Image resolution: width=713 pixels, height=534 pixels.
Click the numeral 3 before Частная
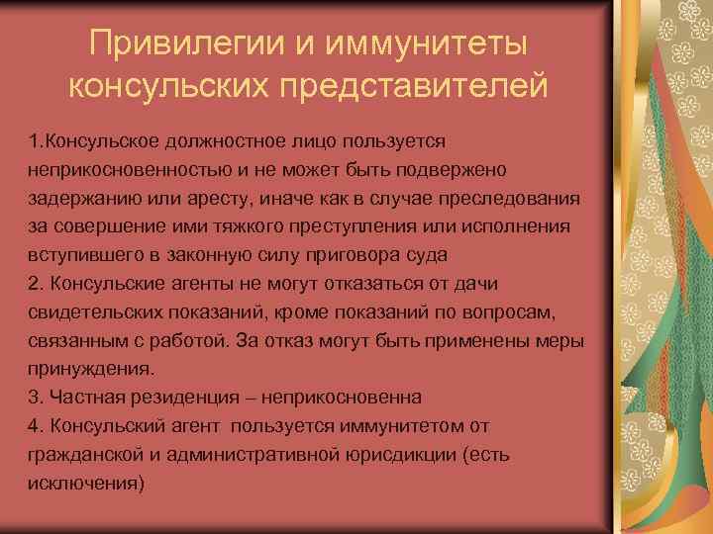tap(34, 396)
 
